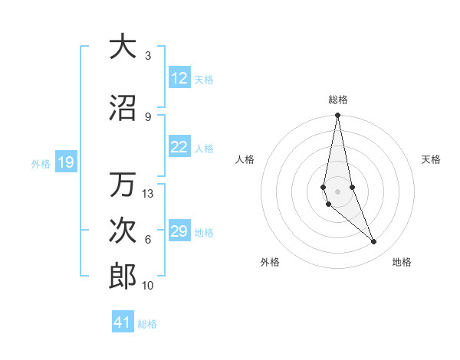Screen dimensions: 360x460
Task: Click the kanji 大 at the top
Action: point(123,48)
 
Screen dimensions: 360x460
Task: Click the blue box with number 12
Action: point(179,78)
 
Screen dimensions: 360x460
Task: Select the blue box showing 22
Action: point(179,148)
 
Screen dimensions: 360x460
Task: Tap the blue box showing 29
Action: point(179,231)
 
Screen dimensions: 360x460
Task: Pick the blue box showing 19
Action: point(66,162)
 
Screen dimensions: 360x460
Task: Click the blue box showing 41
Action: point(123,322)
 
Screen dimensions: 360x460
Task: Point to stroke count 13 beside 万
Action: point(148,194)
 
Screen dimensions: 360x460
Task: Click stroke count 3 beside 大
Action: point(148,56)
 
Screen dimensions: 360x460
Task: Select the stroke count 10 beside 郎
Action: point(148,286)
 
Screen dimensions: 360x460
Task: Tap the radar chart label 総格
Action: point(338,100)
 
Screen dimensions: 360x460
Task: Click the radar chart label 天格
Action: point(432,159)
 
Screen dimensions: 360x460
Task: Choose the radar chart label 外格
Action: point(270,262)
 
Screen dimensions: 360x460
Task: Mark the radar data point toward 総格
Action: point(337,116)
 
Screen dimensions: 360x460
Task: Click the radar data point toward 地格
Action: point(374,242)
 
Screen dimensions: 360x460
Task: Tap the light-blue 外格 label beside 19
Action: point(40,163)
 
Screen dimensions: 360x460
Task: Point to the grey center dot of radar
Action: point(337,190)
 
